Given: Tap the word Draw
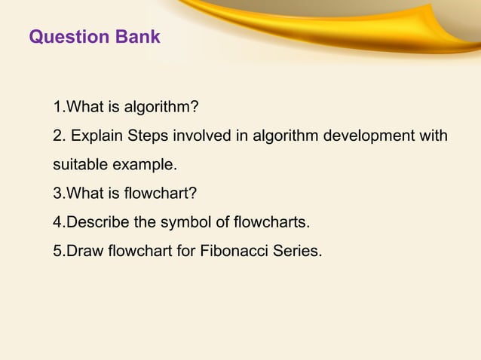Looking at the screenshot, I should tap(82, 251).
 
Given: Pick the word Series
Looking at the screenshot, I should tap(297, 251).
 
